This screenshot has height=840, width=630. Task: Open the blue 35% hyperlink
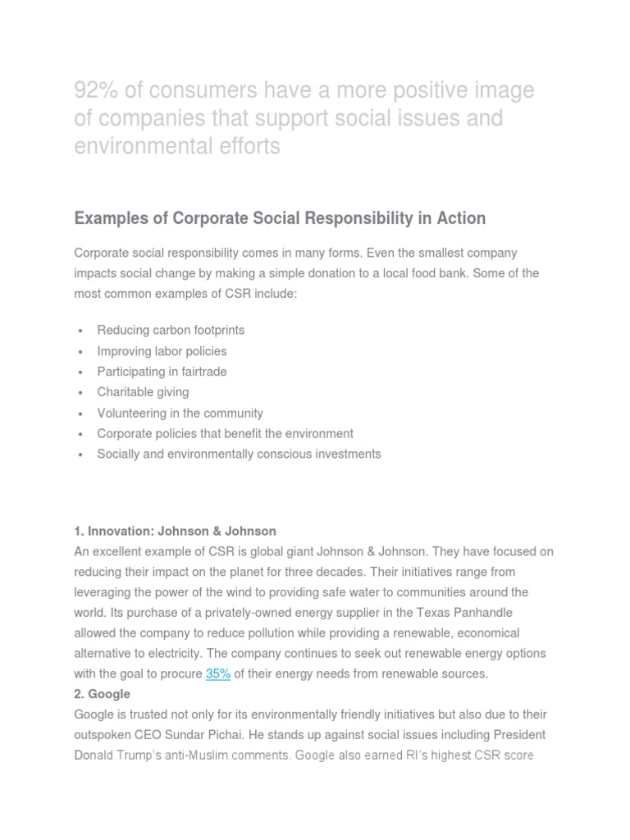pyautogui.click(x=217, y=673)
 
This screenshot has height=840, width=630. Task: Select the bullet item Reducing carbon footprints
pyautogui.click(x=171, y=330)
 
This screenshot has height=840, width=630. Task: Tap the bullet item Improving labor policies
pyautogui.click(x=162, y=351)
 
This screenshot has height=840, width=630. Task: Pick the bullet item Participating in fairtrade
pyautogui.click(x=162, y=372)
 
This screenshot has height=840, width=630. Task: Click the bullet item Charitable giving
pyautogui.click(x=143, y=392)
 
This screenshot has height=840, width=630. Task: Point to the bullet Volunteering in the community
pyautogui.click(x=180, y=413)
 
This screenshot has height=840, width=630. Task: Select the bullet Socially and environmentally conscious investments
pyautogui.click(x=239, y=454)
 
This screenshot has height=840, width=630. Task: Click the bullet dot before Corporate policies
pyautogui.click(x=80, y=434)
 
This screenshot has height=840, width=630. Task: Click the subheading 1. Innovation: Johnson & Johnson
pyautogui.click(x=175, y=531)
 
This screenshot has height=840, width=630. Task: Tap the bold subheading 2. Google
pyautogui.click(x=102, y=694)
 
